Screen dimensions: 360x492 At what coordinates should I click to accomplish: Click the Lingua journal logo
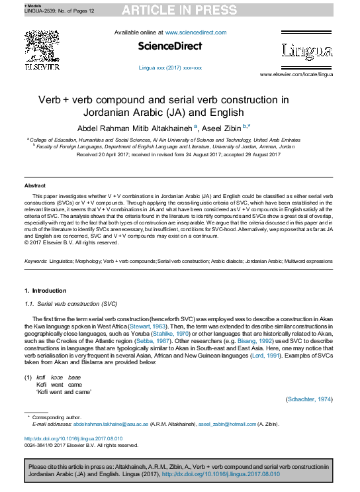coord(306,50)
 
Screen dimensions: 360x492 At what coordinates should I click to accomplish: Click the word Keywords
coord(36,262)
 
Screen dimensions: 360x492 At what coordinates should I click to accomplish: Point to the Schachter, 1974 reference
coord(309,400)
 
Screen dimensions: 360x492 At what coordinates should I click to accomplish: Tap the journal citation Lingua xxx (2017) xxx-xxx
coord(170,68)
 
